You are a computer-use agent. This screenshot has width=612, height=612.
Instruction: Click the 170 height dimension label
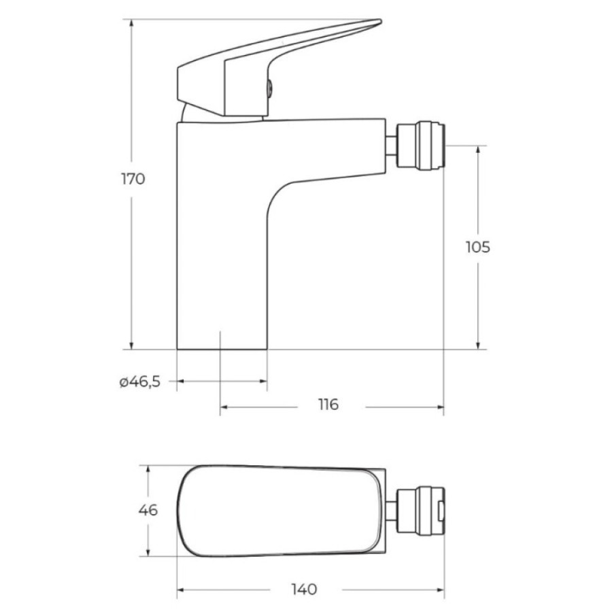133,179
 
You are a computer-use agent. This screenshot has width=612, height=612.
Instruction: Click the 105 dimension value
478,247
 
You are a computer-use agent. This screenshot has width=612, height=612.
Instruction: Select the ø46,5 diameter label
139,381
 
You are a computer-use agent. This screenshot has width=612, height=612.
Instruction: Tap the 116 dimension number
328,405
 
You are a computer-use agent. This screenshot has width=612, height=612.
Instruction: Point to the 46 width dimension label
148,510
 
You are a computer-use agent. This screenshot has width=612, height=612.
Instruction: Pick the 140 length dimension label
305,589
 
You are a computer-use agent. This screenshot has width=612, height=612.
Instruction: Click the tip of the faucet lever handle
381,20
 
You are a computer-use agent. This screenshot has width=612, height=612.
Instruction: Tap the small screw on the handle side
270,88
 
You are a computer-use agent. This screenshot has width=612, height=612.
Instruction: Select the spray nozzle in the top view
420,510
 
